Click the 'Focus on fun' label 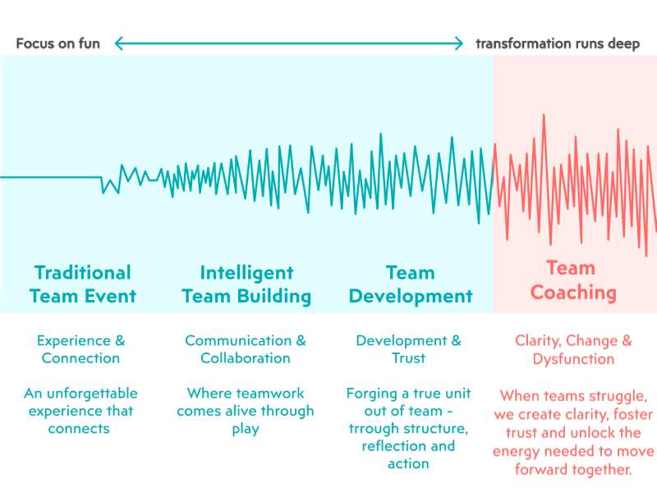[57, 44]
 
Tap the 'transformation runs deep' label [558, 44]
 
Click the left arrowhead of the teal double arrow [118, 44]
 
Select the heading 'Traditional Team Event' [82, 284]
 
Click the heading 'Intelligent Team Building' [246, 284]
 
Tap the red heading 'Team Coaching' [572, 280]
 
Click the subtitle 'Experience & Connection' [80, 349]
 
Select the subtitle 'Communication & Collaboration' [246, 349]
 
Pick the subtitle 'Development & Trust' [408, 349]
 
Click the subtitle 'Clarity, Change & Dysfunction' [573, 349]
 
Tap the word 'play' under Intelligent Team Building [246, 429]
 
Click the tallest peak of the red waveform [543, 117]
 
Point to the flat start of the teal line [49, 177]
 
